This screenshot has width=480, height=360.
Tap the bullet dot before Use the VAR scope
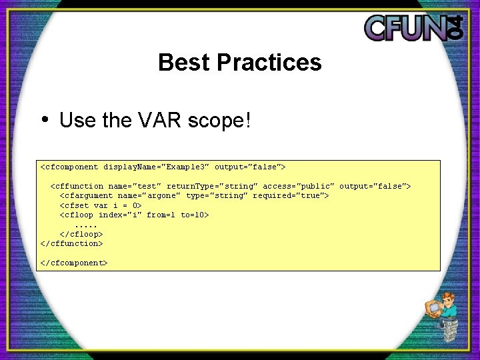44,119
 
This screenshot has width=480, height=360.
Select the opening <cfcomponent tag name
69,167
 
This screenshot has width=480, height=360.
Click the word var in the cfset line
101,205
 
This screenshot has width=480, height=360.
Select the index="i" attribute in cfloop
120,215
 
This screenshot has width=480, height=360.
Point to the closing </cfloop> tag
81,234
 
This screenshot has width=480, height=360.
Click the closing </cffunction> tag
72,243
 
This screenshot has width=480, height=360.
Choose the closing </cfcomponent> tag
74,263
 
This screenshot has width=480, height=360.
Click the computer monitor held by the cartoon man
433,308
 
